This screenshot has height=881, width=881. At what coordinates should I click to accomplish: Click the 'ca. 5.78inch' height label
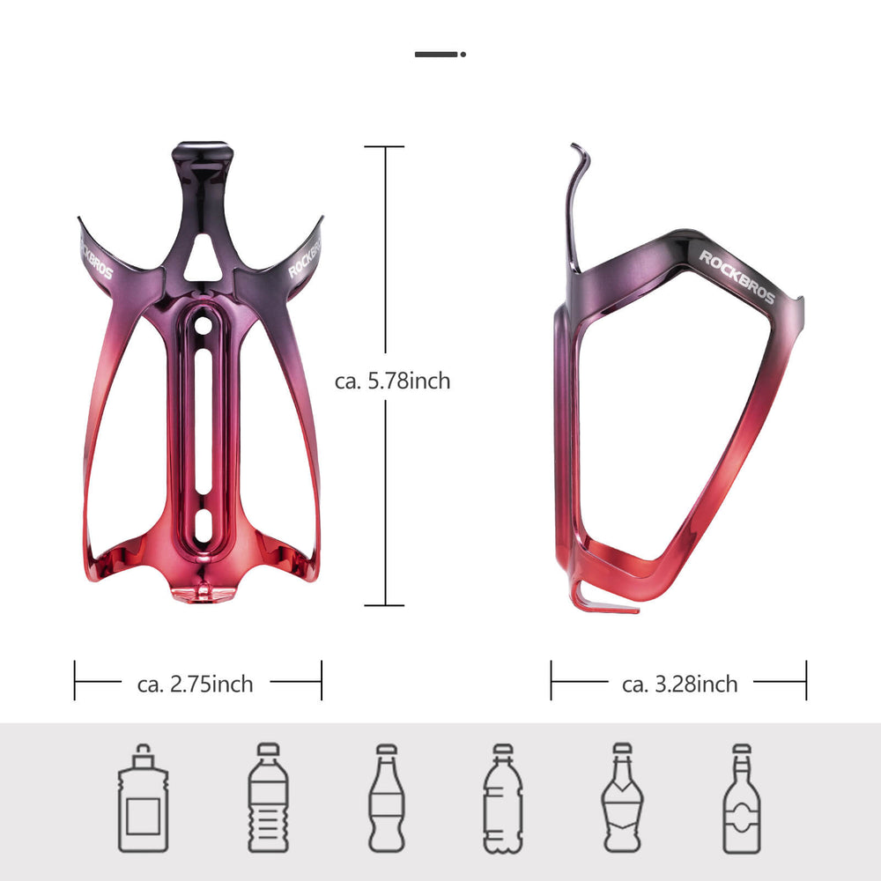click(392, 381)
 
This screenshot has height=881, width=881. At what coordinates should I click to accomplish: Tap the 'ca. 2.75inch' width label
click(196, 684)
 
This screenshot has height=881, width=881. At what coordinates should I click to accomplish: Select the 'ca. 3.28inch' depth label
click(679, 684)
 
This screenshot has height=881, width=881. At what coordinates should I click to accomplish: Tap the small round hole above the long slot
click(203, 323)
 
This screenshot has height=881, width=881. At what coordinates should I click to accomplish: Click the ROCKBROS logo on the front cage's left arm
click(93, 255)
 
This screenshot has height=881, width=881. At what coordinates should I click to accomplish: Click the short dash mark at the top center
click(438, 55)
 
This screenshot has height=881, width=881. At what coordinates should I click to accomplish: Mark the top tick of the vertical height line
click(384, 147)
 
